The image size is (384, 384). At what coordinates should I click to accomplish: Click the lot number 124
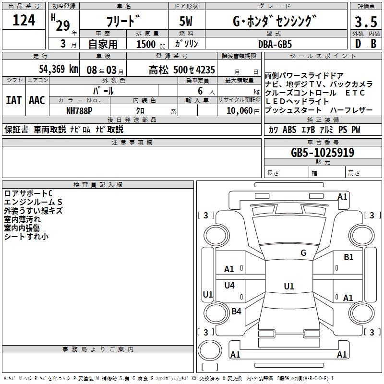pyautogui.click(x=24, y=21)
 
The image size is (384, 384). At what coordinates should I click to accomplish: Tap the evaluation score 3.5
pyautogui.click(x=365, y=22)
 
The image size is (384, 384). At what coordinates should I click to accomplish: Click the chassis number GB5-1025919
pyautogui.click(x=323, y=153)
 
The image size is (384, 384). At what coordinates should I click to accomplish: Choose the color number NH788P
pyautogui.click(x=79, y=110)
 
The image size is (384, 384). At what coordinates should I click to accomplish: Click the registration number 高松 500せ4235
pyautogui.click(x=182, y=69)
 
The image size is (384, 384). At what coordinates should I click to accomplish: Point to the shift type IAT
pyautogui.click(x=13, y=100)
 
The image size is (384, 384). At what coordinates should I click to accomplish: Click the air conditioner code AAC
pyautogui.click(x=37, y=100)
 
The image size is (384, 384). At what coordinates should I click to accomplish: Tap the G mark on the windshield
pyautogui.click(x=303, y=253)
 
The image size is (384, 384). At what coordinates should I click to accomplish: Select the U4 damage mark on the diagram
pyautogui.click(x=229, y=286)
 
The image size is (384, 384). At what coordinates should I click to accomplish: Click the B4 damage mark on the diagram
pyautogui.click(x=236, y=312)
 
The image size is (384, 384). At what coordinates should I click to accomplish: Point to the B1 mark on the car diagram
pyautogui.click(x=348, y=257)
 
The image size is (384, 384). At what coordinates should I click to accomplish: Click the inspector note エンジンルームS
pyautogui.click(x=33, y=202)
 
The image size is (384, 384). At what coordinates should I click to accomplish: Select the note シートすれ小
pyautogui.click(x=26, y=237)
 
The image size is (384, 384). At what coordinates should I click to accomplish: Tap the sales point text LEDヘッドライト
pyautogui.click(x=297, y=101)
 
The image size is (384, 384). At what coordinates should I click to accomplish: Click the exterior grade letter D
pyautogui.click(x=358, y=44)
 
